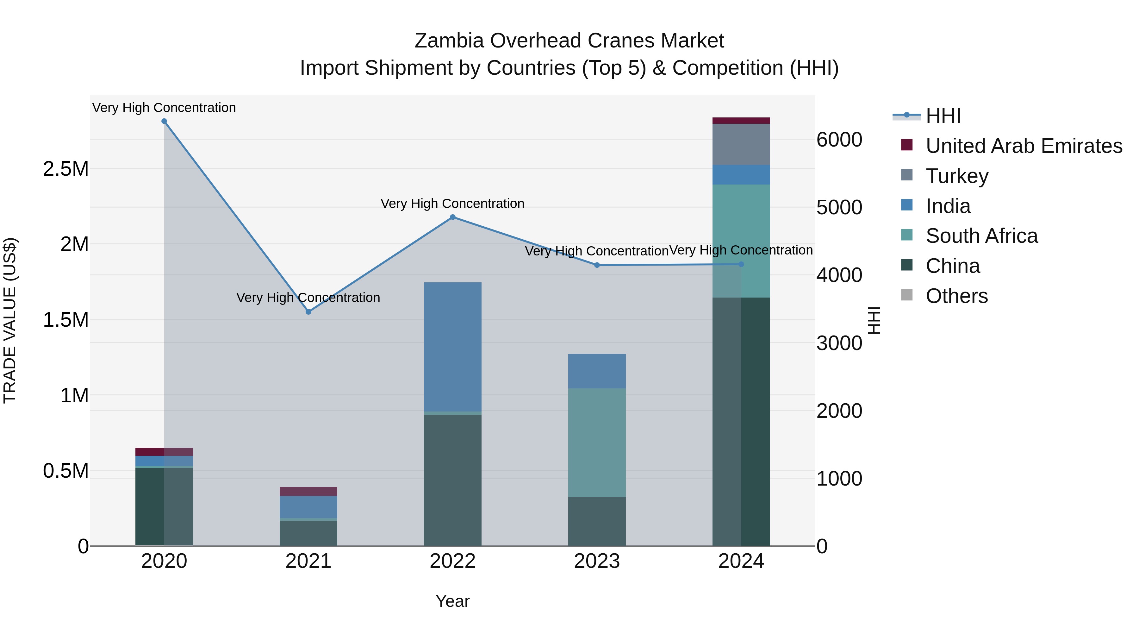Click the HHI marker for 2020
coord(164,121)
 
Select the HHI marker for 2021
coord(308,312)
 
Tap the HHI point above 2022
coord(452,217)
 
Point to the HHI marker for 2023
coord(597,265)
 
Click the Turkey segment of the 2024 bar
coord(741,145)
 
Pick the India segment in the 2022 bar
coord(452,347)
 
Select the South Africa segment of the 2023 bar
coord(597,443)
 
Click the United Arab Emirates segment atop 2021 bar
coord(308,492)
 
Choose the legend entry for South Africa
coord(981,236)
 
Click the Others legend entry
coord(956,296)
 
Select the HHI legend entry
coord(943,116)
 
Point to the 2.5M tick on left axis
coord(65,168)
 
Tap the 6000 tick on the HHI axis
coord(839,140)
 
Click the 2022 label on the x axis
coord(452,561)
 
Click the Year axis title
coord(452,601)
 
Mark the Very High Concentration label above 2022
coord(452,204)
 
